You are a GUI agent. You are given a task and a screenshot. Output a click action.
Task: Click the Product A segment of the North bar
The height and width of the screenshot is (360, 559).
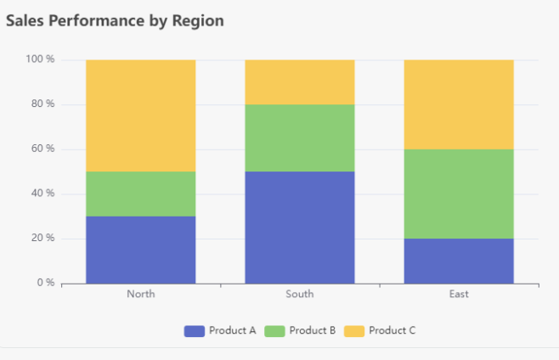(140, 250)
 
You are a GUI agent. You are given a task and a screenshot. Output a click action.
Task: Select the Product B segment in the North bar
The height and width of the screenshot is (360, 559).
(140, 194)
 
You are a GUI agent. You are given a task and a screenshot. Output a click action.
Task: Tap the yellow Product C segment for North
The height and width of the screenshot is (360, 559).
(140, 115)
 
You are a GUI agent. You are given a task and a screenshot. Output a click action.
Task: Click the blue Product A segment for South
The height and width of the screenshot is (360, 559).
(299, 228)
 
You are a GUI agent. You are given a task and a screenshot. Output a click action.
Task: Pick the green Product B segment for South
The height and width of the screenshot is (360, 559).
(299, 138)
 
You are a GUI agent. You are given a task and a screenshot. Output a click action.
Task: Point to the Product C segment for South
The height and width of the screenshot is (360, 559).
(299, 82)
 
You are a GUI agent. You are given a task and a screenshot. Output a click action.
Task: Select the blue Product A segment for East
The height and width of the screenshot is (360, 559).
(458, 261)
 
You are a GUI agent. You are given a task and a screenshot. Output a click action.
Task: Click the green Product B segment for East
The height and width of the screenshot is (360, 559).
(458, 194)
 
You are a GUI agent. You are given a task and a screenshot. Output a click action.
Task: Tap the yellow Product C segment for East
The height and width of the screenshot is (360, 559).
(458, 104)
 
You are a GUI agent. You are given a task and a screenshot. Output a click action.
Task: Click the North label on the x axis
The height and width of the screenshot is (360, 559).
(140, 295)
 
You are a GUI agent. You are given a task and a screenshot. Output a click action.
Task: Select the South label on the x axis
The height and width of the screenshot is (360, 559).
(299, 295)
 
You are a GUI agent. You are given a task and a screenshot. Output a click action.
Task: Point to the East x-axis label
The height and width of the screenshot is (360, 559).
(458, 295)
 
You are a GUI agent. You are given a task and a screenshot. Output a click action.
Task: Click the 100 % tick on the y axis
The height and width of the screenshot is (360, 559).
(40, 59)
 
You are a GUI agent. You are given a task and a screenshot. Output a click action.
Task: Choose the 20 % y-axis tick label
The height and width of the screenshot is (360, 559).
(42, 238)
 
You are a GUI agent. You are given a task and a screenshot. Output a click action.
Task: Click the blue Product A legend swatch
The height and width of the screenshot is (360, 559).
(194, 330)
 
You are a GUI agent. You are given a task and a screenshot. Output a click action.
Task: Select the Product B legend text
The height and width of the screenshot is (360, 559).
(312, 330)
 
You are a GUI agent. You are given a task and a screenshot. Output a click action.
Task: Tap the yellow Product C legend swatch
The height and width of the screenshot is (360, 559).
(353, 330)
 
